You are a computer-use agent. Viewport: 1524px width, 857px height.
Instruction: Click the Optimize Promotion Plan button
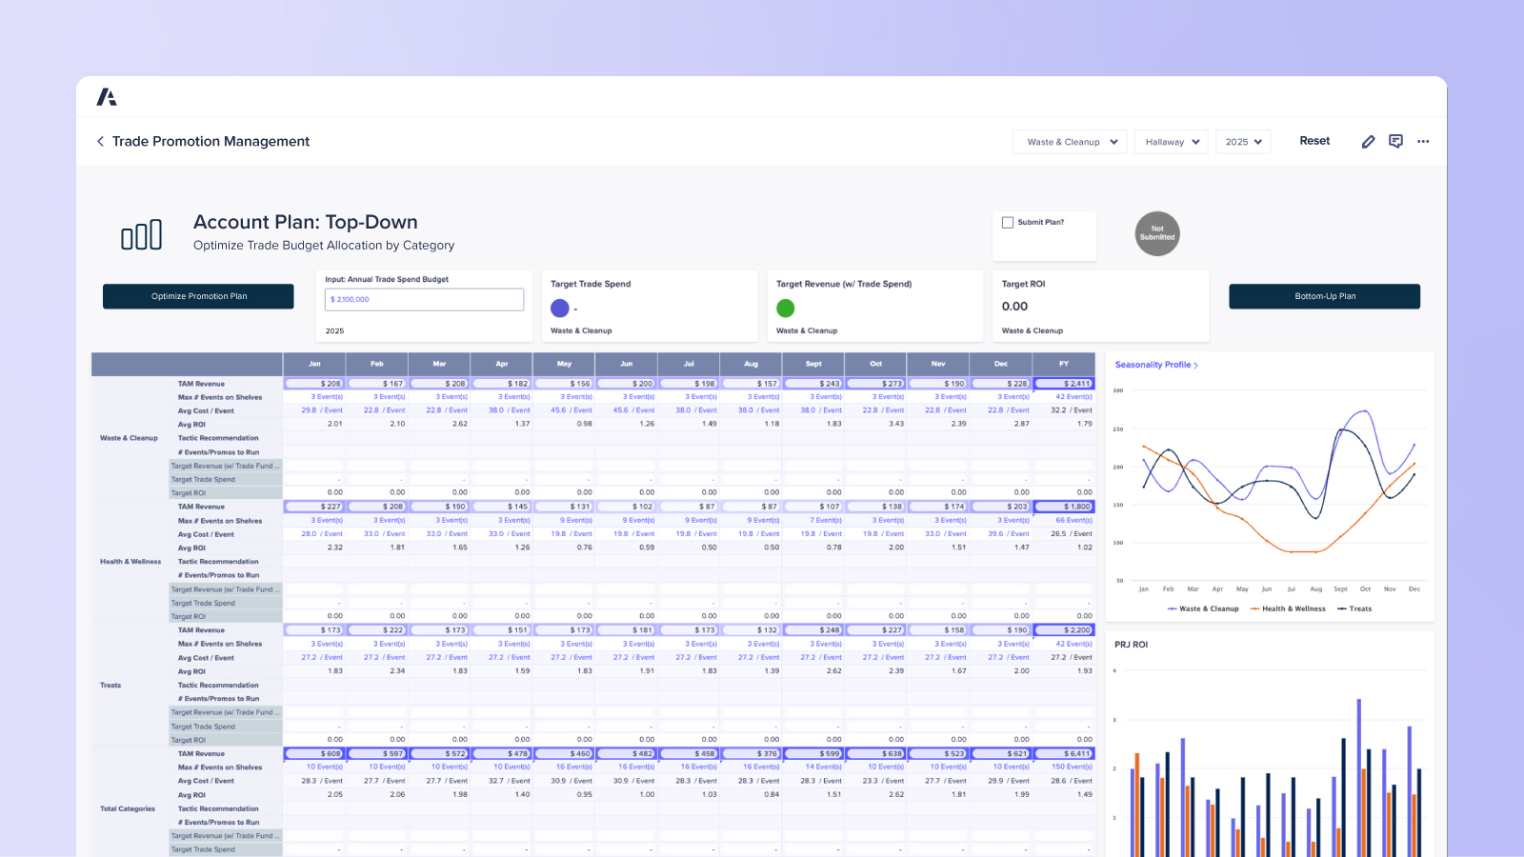tap(198, 296)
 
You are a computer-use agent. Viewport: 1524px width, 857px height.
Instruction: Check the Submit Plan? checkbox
tap(1008, 223)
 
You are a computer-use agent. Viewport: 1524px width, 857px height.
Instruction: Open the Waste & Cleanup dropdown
tap(1071, 142)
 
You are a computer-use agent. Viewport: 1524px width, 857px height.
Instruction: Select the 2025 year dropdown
tap(1243, 142)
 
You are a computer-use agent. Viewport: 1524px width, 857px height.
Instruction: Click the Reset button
tap(1314, 141)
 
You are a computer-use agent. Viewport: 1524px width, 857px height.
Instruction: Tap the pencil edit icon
tap(1368, 142)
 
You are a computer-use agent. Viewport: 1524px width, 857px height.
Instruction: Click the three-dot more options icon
tap(1423, 142)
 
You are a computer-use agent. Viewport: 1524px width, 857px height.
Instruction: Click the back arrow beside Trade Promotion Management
tap(100, 141)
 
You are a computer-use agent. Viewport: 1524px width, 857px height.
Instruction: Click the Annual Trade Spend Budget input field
tap(424, 300)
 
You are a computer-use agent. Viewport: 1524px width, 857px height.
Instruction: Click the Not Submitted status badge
tap(1157, 233)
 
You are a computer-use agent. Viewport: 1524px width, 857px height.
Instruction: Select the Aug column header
tap(751, 364)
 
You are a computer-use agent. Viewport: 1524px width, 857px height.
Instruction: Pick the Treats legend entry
tap(1355, 608)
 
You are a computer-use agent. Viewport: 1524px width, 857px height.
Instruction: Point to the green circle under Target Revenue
tap(786, 308)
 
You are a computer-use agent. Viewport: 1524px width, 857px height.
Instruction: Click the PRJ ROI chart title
tap(1131, 645)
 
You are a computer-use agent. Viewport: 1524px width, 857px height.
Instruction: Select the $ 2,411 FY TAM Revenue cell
tap(1065, 384)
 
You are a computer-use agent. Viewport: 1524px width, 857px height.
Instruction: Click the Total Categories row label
tap(128, 808)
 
